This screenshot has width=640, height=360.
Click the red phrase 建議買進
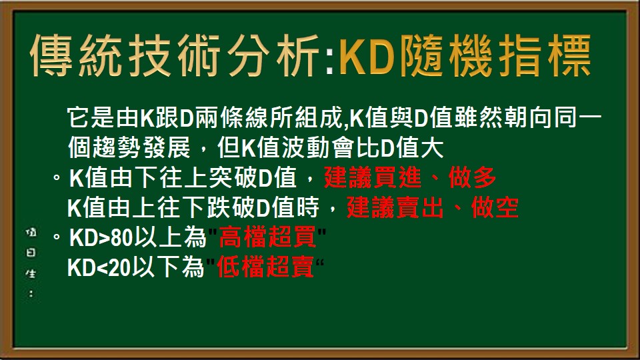[x=375, y=179]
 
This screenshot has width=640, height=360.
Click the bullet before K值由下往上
[x=58, y=178]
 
